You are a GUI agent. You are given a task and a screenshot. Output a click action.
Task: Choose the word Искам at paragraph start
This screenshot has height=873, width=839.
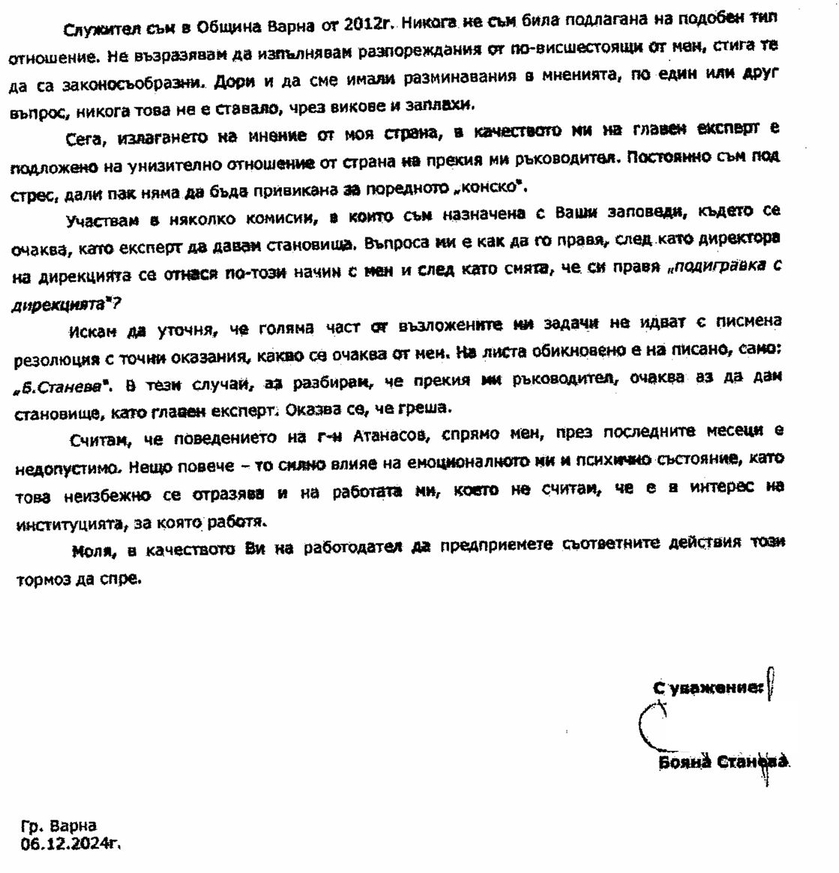(94, 330)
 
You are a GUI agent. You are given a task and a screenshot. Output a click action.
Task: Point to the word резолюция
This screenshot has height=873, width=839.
(58, 359)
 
